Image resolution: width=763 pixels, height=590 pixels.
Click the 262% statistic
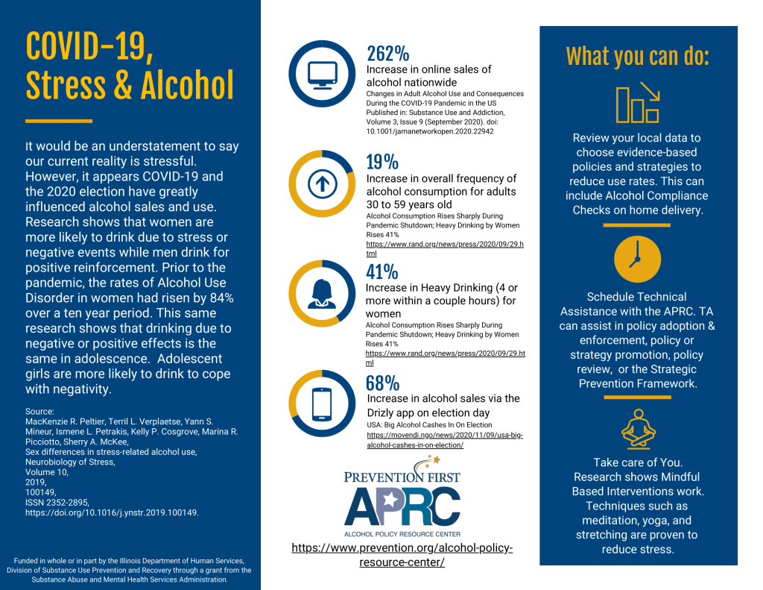tap(387, 54)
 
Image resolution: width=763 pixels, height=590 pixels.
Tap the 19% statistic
tap(382, 163)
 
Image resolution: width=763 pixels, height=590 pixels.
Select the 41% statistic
tap(383, 272)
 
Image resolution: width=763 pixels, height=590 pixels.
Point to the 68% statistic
tap(383, 383)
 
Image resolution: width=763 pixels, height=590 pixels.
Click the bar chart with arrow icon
tap(637, 104)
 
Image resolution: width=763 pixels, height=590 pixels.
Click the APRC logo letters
tap(402, 506)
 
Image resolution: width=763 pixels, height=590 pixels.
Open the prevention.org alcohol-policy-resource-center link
tap(402, 555)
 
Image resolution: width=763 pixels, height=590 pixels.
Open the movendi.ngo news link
tap(445, 439)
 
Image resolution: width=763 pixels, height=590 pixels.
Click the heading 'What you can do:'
tap(637, 56)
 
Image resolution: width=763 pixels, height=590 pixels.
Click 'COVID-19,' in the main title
tap(90, 46)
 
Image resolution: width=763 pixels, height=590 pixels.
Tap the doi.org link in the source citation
tap(112, 512)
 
